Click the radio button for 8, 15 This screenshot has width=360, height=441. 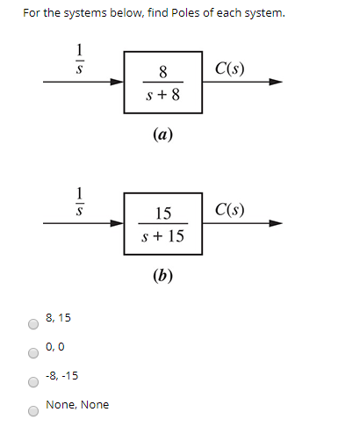coord(33,324)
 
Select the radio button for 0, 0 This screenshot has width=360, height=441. coord(33,353)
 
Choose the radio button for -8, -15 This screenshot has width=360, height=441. coord(33,382)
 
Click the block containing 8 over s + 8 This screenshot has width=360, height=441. coord(163,82)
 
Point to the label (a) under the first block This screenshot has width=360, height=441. coord(162,134)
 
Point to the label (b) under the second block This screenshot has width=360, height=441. coord(162,275)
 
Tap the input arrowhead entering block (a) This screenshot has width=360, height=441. coord(117,83)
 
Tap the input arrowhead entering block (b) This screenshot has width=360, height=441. coord(117,224)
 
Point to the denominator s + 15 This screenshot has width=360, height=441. coord(163,236)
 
